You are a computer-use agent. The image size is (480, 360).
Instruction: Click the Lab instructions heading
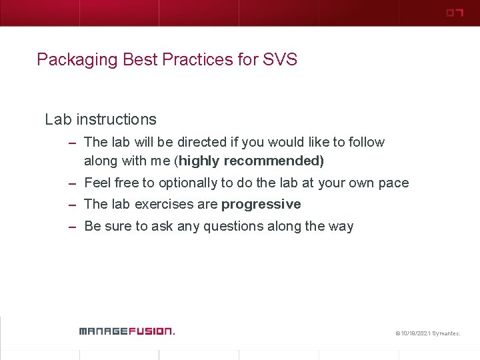click(x=101, y=120)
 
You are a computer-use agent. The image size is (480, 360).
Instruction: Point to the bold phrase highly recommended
click(x=251, y=161)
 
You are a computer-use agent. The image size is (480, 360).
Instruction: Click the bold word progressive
click(x=261, y=204)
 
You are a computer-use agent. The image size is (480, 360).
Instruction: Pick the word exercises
click(x=162, y=204)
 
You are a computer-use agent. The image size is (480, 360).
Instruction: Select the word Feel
click(x=97, y=183)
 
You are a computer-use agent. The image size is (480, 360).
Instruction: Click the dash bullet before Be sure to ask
click(x=72, y=227)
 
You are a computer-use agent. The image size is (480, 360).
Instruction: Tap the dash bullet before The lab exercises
click(x=72, y=205)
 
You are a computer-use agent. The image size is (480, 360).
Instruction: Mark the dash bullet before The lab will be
click(x=72, y=143)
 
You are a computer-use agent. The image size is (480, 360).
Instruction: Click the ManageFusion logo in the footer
click(x=126, y=331)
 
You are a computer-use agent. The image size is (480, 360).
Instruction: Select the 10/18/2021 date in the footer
click(x=415, y=332)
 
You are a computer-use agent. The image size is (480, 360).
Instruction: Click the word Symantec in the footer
click(x=446, y=332)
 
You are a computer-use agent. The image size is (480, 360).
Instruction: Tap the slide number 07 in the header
click(x=454, y=13)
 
